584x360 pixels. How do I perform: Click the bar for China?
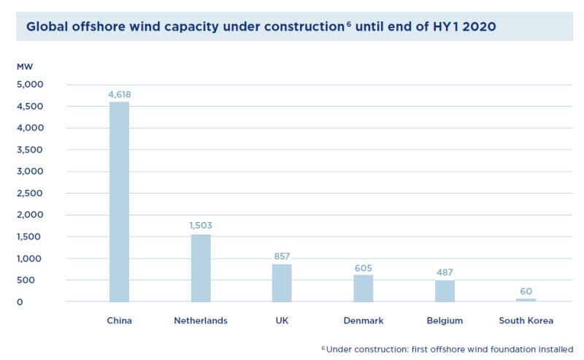(119, 202)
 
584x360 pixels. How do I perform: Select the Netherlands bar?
(201, 268)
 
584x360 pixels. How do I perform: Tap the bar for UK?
(282, 283)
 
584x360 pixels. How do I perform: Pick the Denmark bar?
(364, 288)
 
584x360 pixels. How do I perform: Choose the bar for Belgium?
(445, 291)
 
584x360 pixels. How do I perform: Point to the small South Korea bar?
(526, 299)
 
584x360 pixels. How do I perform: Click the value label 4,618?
(119, 94)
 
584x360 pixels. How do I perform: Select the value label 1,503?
(201, 226)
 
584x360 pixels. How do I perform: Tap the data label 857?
(282, 256)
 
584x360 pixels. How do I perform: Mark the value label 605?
(364, 267)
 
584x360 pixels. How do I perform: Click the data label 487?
(445, 272)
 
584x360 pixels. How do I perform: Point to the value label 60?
(526, 291)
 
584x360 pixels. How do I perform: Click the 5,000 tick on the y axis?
(31, 85)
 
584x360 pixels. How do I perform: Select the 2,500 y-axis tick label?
(31, 194)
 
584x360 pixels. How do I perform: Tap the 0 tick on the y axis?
(20, 302)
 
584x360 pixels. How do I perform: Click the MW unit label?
(25, 67)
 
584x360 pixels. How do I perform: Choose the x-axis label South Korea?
(526, 321)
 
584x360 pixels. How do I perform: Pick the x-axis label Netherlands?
(201, 321)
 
